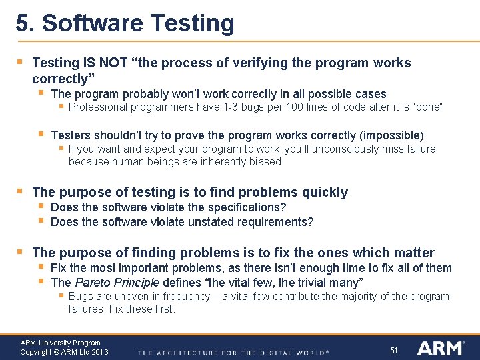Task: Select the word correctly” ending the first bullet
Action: (61, 79)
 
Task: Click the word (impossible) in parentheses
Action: (393, 135)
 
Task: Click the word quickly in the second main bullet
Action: (325, 193)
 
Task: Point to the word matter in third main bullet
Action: (413, 253)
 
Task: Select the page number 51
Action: (394, 350)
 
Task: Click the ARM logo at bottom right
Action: (441, 348)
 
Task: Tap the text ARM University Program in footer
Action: (60, 343)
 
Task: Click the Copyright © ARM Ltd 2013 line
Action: (64, 352)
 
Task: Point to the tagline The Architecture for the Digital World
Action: (233, 352)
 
